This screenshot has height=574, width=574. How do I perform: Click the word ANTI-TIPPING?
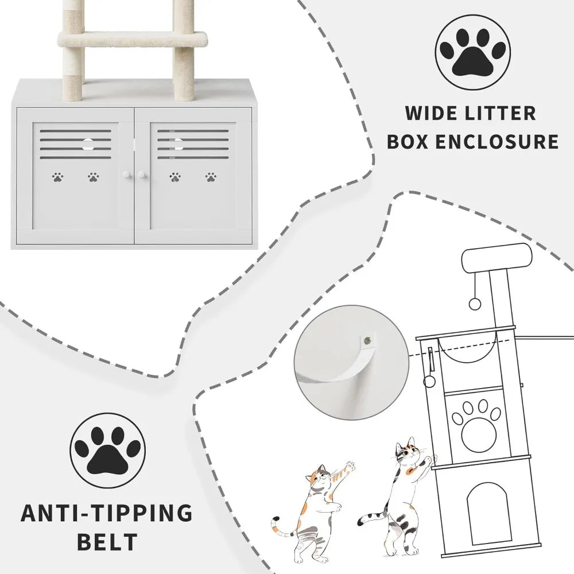pos(107,513)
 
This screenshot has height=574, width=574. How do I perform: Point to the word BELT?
pos(107,542)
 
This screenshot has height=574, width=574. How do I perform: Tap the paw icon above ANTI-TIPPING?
pos(108,451)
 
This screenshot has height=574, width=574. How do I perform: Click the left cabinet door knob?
pos(127,175)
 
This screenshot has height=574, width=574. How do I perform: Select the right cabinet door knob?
pos(142,175)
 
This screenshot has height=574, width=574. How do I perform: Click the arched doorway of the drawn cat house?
pos(486,513)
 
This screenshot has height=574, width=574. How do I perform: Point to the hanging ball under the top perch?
pos(475,304)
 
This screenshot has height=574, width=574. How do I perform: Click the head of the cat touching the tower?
pos(408,452)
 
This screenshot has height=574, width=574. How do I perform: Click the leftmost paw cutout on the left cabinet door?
pos(57,177)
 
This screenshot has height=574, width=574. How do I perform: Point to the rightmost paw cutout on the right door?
pos(211,177)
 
